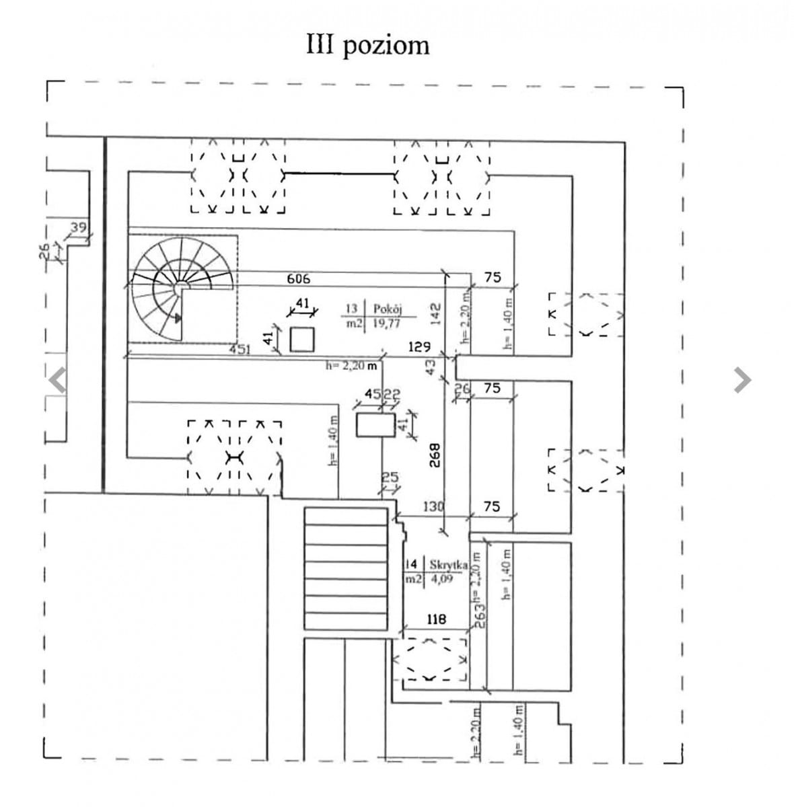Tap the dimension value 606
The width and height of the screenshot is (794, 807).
tap(299, 278)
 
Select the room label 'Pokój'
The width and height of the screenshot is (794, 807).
tap(388, 309)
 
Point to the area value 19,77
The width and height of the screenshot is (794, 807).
tap(387, 323)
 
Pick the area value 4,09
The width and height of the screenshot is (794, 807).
tap(442, 579)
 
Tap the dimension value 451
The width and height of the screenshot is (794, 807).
tap(240, 349)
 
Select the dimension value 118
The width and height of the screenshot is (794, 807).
tap(437, 619)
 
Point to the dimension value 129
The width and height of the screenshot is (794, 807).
tap(419, 347)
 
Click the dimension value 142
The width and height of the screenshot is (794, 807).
tap(435, 311)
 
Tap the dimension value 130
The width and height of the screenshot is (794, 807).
tap(433, 506)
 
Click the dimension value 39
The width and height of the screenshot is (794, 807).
tap(79, 227)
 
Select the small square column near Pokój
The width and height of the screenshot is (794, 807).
tap(302, 339)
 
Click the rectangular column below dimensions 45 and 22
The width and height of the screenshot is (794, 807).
tap(375, 426)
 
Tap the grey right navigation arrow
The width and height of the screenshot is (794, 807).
tap(742, 380)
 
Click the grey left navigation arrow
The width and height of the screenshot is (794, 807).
tap(58, 380)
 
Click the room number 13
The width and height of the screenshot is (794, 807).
tap(351, 309)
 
